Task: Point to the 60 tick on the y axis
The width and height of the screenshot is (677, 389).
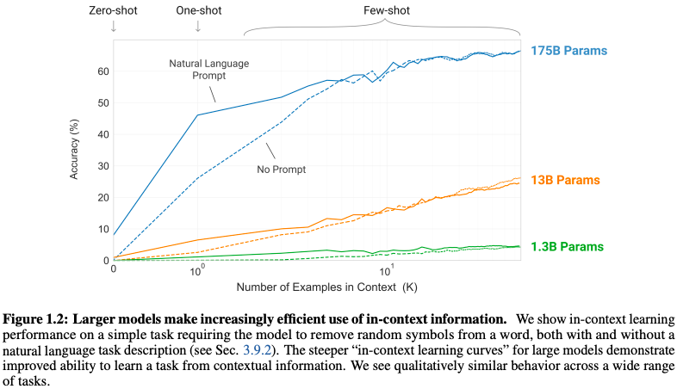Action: coord(101,71)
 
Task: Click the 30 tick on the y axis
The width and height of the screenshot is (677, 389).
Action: coord(101,166)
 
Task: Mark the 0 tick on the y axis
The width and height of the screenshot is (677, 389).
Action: coord(104,260)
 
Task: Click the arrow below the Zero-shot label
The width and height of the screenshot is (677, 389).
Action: coord(113,26)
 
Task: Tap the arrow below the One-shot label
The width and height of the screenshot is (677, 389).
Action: coord(197,26)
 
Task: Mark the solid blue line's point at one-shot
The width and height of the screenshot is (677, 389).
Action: coord(197,115)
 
